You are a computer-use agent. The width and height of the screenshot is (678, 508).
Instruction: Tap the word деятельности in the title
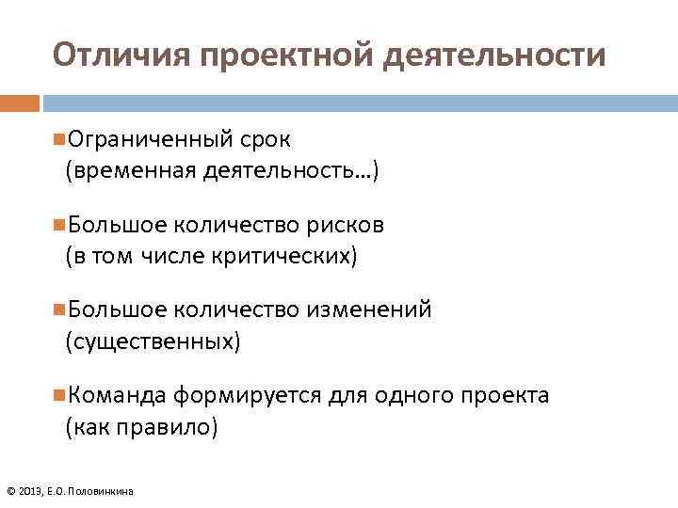496,56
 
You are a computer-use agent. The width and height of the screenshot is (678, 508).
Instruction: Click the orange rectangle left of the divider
19,103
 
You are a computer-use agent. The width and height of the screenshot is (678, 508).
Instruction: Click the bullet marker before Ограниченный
59,139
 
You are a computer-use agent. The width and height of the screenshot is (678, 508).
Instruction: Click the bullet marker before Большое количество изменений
59,310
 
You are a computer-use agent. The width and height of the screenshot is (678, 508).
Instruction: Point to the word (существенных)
153,341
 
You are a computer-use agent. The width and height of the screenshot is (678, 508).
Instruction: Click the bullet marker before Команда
59,395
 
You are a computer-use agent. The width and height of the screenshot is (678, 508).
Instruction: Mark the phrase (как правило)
140,427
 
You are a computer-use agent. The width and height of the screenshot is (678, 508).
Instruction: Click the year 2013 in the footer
30,491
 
